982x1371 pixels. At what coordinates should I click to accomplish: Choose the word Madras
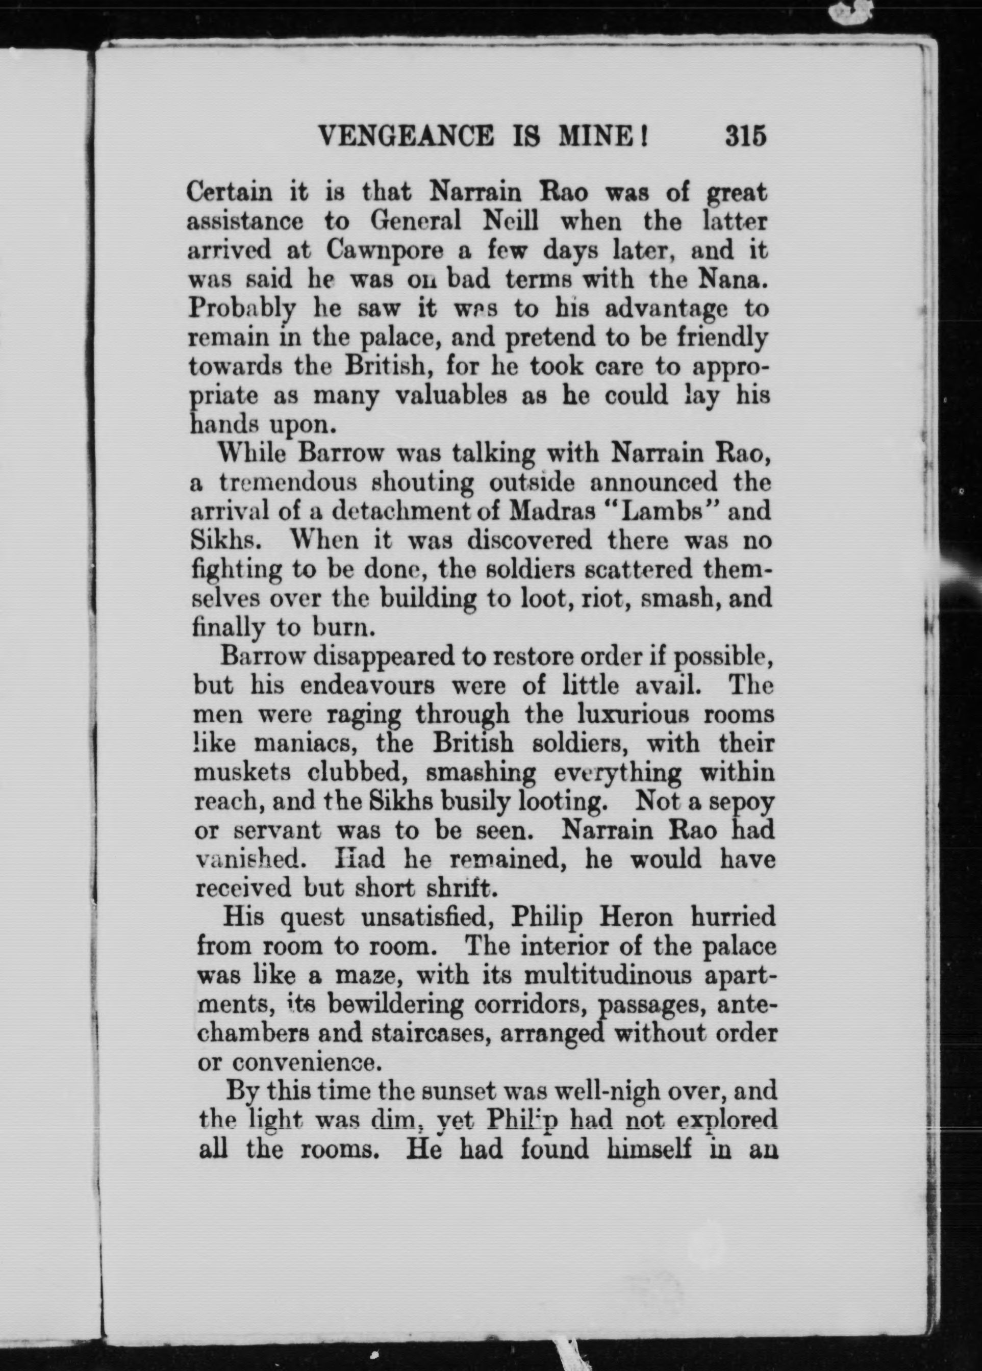click(x=552, y=511)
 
